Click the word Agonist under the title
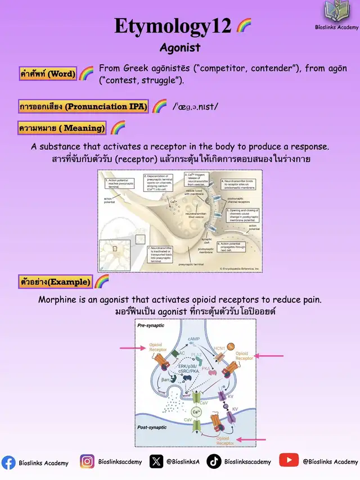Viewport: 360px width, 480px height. (x=180, y=48)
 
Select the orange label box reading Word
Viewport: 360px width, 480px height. (x=48, y=74)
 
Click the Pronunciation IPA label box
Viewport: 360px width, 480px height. (x=83, y=106)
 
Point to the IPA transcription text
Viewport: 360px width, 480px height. (x=195, y=106)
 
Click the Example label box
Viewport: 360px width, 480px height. (x=55, y=282)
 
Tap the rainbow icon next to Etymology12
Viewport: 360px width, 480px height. (x=244, y=25)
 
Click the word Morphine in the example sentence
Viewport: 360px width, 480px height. (x=57, y=300)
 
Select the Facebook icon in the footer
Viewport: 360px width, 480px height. (x=8, y=462)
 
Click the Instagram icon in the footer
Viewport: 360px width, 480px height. (x=87, y=461)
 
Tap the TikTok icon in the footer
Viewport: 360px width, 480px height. (x=214, y=461)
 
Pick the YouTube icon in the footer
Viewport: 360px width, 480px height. (x=289, y=460)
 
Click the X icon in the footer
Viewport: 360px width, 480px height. (x=156, y=461)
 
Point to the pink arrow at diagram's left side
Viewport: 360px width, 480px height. (x=132, y=348)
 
